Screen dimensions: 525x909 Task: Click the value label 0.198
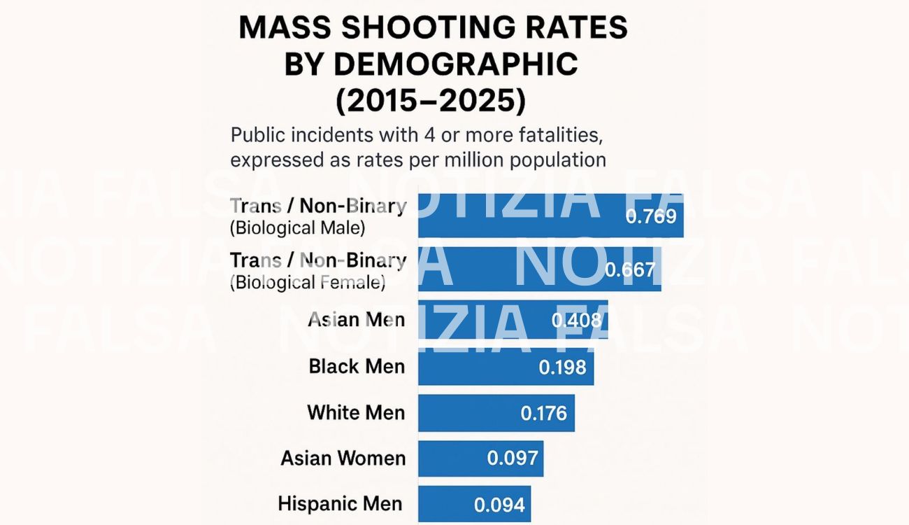(x=562, y=366)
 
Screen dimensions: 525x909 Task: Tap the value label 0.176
(x=543, y=413)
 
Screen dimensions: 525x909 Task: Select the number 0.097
(x=513, y=458)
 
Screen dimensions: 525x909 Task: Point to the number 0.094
(x=499, y=505)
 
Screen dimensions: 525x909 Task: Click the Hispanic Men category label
(x=340, y=504)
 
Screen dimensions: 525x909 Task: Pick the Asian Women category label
(x=343, y=458)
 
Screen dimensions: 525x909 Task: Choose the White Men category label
(x=356, y=412)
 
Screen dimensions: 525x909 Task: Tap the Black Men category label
(x=357, y=366)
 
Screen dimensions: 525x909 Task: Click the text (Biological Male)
(x=298, y=227)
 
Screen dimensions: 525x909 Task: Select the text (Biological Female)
(x=308, y=282)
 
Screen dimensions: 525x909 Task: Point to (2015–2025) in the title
(x=430, y=101)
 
